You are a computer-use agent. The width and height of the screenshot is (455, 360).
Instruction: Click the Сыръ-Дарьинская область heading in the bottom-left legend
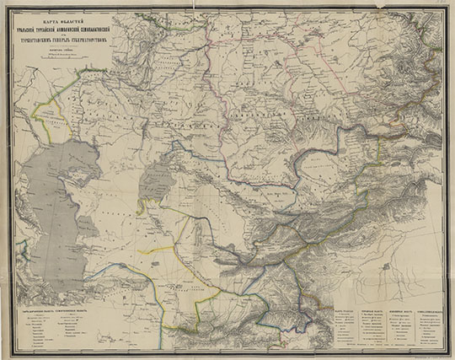(34, 308)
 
